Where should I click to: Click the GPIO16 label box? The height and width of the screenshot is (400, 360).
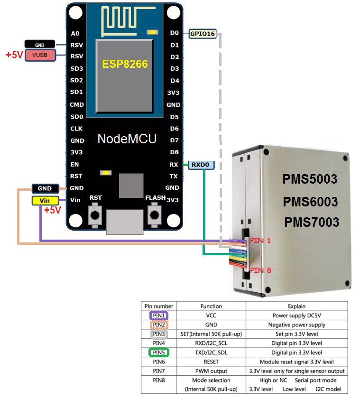[203, 34]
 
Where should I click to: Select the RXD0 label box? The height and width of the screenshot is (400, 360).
[202, 165]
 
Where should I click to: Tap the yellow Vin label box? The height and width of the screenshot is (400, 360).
[45, 201]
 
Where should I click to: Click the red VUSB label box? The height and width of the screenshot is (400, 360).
[40, 56]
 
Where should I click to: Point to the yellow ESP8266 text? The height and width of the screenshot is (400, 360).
[125, 64]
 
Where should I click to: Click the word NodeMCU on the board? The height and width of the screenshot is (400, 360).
[127, 139]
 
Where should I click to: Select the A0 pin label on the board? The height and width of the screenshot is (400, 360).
[75, 34]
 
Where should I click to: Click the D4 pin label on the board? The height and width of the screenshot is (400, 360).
[175, 81]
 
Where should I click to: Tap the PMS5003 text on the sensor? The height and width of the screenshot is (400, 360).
[310, 179]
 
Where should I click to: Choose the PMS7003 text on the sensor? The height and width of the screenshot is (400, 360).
[312, 222]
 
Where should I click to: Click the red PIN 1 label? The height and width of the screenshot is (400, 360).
[260, 241]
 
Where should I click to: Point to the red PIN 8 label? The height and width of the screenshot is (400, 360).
[260, 270]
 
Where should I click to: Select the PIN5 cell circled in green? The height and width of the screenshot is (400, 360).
[159, 353]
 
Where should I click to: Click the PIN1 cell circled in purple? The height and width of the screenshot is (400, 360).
[159, 316]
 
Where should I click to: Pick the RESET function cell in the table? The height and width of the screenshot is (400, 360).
[211, 362]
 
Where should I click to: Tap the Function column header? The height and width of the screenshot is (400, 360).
[211, 306]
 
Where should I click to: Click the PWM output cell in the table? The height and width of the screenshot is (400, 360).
[211, 371]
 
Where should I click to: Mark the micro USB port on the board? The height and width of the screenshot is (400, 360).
[124, 222]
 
